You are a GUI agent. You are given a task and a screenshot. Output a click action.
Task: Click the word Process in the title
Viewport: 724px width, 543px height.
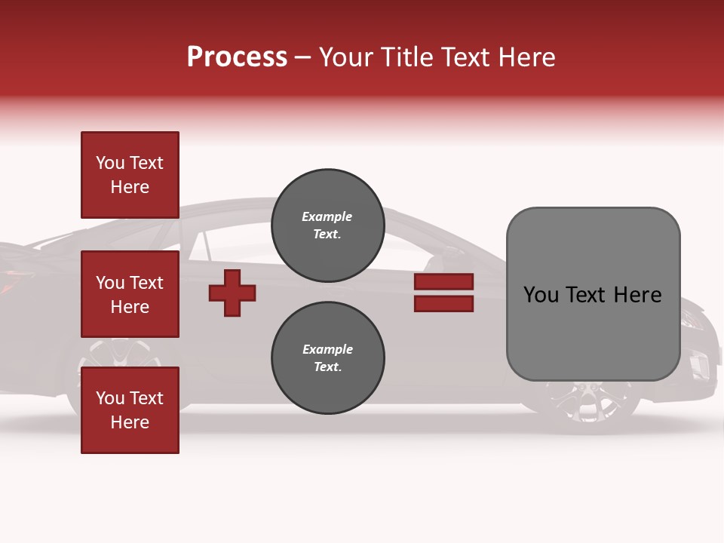coord(237,57)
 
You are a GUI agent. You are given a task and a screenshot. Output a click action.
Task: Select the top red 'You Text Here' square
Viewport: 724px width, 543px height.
coord(130,175)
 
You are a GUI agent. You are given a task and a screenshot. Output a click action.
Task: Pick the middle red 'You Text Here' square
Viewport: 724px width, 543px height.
coord(130,294)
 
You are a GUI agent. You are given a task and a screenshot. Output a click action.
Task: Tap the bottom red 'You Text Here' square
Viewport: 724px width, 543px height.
coord(130,410)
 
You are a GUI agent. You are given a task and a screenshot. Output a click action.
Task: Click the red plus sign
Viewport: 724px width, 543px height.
coord(232,293)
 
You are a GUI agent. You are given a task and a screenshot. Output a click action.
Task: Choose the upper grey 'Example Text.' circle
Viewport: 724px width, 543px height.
coord(327,225)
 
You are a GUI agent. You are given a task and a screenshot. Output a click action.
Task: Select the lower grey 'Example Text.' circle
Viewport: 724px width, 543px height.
coord(327,357)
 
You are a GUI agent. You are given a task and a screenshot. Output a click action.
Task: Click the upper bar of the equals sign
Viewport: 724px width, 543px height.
coord(443,282)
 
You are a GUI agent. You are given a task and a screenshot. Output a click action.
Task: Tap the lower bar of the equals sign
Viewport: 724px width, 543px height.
coord(443,304)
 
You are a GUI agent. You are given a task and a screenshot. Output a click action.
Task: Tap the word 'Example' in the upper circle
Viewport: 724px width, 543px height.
coord(327,216)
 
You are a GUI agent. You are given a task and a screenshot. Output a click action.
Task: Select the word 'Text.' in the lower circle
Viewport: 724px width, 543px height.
coord(327,367)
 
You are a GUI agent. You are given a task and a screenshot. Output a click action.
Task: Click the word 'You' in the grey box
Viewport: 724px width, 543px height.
coord(541,295)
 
